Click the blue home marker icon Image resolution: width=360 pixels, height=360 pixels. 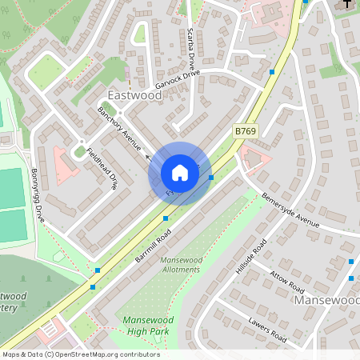click(x=180, y=173)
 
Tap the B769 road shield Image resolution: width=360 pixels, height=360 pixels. click(x=246, y=129)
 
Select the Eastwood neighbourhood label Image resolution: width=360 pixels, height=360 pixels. click(x=134, y=95)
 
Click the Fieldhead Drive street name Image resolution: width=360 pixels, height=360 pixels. click(x=102, y=169)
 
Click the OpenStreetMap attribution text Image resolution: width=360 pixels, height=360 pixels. click(x=80, y=354)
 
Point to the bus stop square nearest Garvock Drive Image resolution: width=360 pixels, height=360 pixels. click(x=273, y=72)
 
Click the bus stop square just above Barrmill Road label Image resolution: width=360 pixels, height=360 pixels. click(x=166, y=218)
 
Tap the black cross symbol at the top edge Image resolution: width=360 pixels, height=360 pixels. click(x=347, y=5)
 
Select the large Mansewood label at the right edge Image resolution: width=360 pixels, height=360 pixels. click(x=326, y=302)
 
